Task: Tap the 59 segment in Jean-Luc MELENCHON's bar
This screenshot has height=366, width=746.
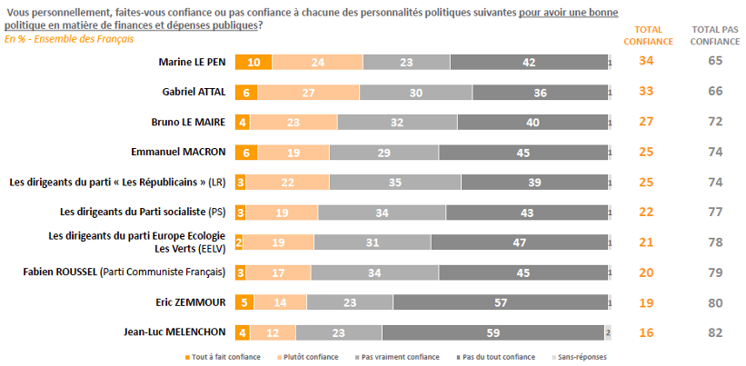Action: [493, 331]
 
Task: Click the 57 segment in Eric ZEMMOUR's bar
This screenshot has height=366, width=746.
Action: [500, 302]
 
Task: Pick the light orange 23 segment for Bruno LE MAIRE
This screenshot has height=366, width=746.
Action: [293, 123]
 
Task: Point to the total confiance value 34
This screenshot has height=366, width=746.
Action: [647, 62]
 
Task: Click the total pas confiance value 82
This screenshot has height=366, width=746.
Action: [715, 331]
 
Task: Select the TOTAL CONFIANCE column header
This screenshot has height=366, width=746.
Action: [647, 35]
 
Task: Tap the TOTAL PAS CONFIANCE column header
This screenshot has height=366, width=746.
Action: [715, 35]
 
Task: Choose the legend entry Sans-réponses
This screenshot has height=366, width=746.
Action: [582, 357]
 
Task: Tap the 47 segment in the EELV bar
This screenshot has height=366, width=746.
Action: [519, 242]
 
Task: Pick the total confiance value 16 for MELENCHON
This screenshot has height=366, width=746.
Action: [647, 331]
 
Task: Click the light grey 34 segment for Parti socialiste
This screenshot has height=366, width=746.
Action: [382, 213]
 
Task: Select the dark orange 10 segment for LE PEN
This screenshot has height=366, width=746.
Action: [254, 63]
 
